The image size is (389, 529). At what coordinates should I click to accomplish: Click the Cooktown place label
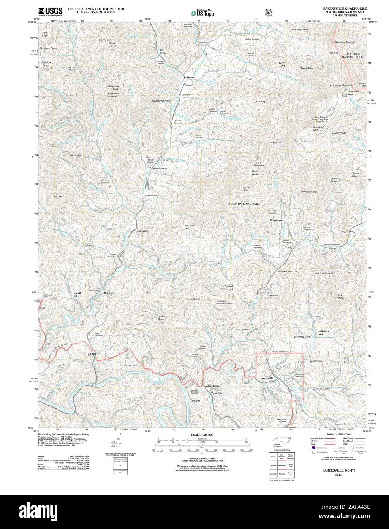pyautogui.click(x=276, y=220)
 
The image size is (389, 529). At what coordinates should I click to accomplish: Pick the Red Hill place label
pyautogui.click(x=91, y=354)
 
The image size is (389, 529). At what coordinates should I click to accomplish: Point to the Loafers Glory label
pyautogui.click(x=212, y=386)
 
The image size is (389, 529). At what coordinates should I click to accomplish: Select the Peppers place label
pyautogui.click(x=109, y=293)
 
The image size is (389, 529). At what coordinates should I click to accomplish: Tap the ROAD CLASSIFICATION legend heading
pyautogui.click(x=335, y=434)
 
